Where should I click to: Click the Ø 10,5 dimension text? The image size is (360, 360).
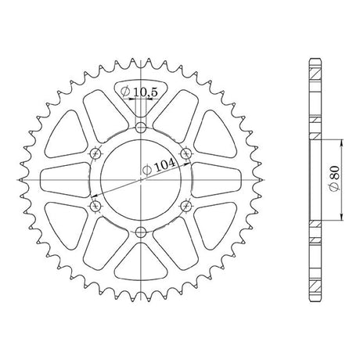tap(139, 92)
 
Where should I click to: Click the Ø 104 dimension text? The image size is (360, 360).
tap(159, 167)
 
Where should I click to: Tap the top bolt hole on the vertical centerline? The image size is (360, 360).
tap(141, 128)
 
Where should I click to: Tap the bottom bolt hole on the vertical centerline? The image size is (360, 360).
tap(141, 232)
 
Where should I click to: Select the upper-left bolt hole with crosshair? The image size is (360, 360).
tap(95, 153)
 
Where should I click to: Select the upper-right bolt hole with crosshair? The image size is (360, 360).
tap(186, 153)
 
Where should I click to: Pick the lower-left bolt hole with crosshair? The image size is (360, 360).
tap(95, 207)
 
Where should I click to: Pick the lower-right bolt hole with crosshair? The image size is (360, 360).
tap(186, 206)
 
